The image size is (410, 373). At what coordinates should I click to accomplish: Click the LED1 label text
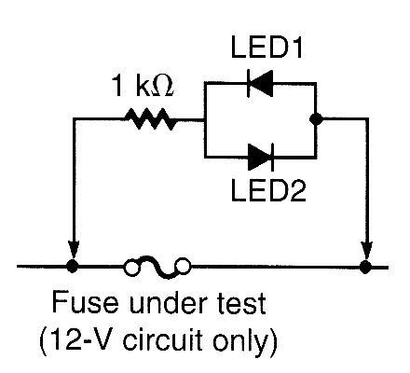tap(262, 47)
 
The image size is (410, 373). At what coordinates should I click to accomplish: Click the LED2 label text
tap(262, 192)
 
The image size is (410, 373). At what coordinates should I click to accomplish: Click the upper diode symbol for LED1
tap(259, 85)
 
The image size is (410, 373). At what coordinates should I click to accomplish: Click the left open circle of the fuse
tap(131, 268)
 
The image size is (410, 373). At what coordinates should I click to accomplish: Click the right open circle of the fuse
tap(184, 268)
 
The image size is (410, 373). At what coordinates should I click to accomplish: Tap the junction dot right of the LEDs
tap(318, 119)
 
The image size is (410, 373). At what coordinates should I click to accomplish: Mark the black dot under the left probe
tap(73, 268)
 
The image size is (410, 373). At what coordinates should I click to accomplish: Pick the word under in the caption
tap(154, 305)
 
